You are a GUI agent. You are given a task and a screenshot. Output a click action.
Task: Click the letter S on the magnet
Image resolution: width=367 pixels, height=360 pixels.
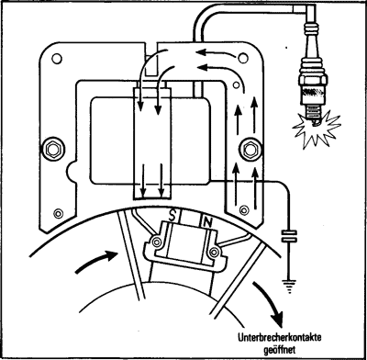coord(172,217)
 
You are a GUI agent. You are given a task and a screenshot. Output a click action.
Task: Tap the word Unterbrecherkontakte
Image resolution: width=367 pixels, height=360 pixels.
coord(280,338)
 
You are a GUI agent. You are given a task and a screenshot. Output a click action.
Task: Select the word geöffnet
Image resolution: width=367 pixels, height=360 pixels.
coord(280,350)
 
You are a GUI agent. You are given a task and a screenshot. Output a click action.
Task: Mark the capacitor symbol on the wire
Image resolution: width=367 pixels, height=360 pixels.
coord(289,236)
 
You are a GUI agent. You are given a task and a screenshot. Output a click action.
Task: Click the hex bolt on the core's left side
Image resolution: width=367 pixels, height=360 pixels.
coord(53,149)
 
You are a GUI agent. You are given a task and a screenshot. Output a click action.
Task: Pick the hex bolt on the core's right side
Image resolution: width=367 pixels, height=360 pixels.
coord(250,150)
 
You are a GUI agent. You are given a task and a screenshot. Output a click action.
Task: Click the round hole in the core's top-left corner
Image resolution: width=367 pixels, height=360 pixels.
coord(57,58)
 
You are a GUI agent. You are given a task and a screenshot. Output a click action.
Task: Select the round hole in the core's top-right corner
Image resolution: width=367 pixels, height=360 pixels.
coord(243,58)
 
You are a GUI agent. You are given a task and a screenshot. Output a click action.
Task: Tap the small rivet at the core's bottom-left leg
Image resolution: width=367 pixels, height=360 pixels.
coord(58,213)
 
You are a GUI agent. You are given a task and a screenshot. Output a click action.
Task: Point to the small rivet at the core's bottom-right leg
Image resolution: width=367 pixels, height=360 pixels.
coord(244,210)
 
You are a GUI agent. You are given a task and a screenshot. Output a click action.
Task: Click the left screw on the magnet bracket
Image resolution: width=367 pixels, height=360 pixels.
coord(157,242)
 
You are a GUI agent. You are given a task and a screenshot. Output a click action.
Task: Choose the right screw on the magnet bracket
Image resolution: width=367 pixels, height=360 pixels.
coord(214,252)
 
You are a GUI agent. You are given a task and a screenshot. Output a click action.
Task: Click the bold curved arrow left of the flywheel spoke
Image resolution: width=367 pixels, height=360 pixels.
coord(95,260)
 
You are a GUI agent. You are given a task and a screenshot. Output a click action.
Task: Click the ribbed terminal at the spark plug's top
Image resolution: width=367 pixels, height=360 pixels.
coord(311,27)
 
